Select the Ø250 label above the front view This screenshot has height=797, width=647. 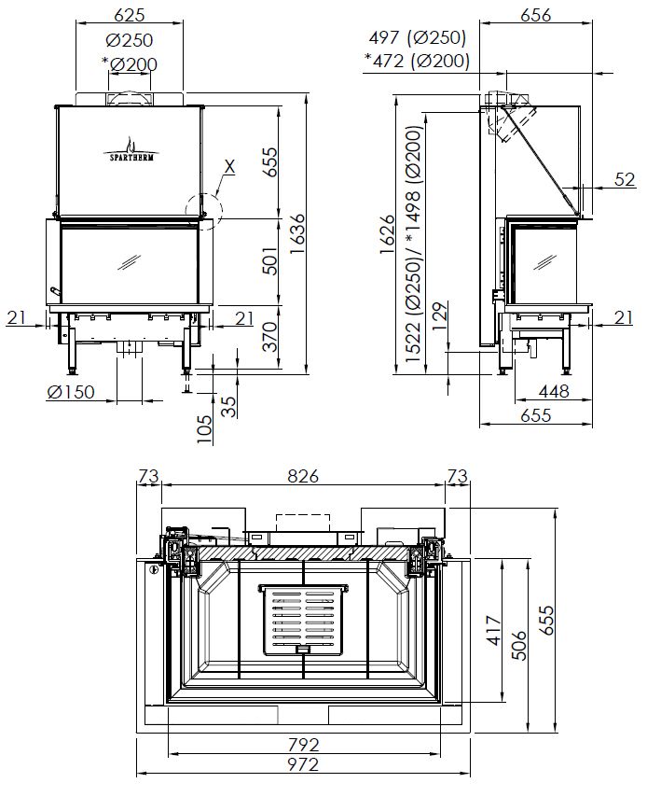(x=130, y=40)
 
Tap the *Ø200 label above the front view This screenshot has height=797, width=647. (x=130, y=63)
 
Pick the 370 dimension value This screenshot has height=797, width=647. (x=270, y=333)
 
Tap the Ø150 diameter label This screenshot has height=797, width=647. (x=71, y=392)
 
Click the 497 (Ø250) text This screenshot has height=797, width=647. (x=417, y=38)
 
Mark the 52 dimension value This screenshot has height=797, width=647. (x=625, y=180)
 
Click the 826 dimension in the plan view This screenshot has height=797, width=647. (x=302, y=476)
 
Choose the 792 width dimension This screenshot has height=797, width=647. (x=304, y=745)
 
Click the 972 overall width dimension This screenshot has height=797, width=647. (x=304, y=765)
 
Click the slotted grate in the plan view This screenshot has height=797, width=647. (x=302, y=619)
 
